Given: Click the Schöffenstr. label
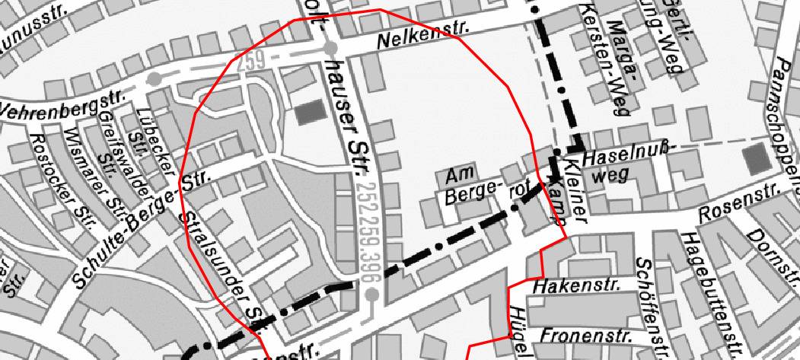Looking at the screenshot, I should click(x=655, y=304).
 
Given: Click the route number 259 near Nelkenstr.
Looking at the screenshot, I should click(x=251, y=62).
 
